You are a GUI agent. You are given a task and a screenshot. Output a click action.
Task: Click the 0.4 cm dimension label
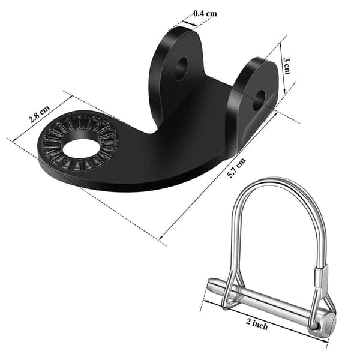tap(205, 14)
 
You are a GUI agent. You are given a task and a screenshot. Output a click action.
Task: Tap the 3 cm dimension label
tap(287, 66)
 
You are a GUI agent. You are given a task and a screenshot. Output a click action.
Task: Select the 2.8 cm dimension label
tap(39, 113)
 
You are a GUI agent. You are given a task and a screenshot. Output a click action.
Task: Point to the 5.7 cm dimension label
tap(236, 168)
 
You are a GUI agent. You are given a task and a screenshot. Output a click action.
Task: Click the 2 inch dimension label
tap(257, 324)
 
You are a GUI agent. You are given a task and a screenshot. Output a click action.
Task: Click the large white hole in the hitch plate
tap(82, 149)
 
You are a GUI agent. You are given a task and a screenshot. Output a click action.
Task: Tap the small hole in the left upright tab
tap(181, 68)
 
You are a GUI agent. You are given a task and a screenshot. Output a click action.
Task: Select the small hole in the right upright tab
tap(259, 100)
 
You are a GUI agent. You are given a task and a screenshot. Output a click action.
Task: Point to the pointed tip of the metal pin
tap(210, 282)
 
